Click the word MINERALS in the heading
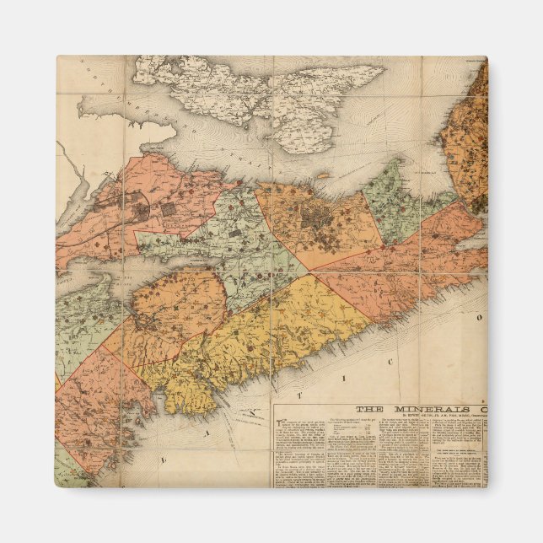tap(425, 409)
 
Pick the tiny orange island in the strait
tap(323, 176)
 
